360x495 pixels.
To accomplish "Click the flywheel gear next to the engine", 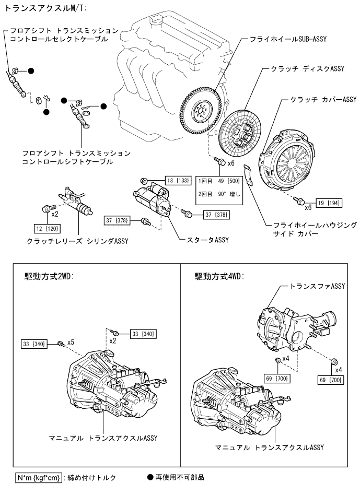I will click(x=201, y=110).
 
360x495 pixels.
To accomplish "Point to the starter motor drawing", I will click(x=153, y=200).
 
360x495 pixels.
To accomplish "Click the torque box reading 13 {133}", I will click(x=177, y=181).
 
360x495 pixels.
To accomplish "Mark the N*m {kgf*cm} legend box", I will click(x=39, y=477).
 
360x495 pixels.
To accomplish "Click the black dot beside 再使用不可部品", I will click(x=152, y=477).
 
